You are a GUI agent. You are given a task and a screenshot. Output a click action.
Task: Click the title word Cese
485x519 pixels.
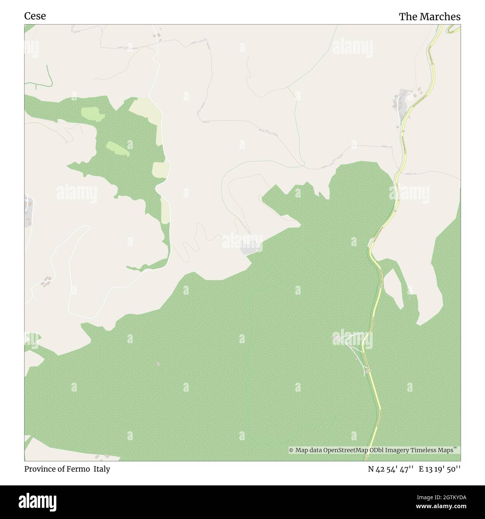[x=35, y=16]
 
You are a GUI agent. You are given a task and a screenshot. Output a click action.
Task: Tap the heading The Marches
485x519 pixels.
[x=429, y=17]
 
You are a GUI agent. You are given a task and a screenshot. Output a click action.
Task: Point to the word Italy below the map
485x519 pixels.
[x=101, y=469]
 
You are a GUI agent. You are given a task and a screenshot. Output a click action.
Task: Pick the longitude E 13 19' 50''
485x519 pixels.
[x=439, y=469]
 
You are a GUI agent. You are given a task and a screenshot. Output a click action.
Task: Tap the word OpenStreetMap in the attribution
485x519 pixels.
[x=345, y=450]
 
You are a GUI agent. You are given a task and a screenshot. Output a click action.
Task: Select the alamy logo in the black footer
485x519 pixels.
[x=38, y=501]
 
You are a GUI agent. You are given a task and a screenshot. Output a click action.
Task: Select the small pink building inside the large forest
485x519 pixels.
[x=158, y=364]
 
